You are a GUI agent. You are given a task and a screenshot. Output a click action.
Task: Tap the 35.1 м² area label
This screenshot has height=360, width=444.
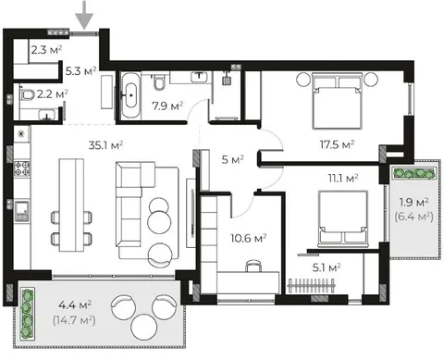point(105,144)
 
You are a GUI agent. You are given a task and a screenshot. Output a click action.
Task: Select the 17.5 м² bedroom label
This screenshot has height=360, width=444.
point(337,144)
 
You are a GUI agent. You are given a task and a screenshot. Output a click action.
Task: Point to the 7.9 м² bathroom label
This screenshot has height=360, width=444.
point(167,106)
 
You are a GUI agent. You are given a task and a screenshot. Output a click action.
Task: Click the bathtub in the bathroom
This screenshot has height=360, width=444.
point(130,95)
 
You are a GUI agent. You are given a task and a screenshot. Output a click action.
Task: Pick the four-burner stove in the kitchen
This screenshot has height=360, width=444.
point(22,168)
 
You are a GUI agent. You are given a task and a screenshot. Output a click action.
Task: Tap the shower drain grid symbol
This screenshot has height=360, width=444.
point(228,81)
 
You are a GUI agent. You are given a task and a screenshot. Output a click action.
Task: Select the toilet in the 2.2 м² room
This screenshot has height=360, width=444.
point(27,94)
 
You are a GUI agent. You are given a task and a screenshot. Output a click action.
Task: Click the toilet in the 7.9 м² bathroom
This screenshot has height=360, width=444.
point(159,82)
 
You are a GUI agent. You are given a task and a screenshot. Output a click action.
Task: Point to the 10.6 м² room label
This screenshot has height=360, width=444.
point(249,238)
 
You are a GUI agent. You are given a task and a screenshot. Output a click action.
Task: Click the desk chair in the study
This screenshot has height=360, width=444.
point(253,266)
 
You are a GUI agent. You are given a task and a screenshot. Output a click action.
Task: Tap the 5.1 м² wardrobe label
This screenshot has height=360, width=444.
point(327,267)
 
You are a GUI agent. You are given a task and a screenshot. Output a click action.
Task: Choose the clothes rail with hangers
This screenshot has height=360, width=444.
point(312,286)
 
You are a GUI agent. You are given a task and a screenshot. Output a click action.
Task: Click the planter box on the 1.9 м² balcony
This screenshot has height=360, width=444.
point(414,173)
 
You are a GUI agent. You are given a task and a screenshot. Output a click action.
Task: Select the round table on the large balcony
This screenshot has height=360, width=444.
point(144,327)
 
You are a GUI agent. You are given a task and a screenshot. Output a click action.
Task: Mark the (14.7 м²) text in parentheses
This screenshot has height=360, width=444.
point(74,320)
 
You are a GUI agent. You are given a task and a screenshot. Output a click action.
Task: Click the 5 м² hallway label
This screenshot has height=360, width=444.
point(233,159)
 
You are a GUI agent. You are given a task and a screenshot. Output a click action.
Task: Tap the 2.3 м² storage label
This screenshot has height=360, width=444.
point(46,50)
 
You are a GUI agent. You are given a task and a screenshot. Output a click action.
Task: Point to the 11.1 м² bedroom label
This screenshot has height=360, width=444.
point(342,178)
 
